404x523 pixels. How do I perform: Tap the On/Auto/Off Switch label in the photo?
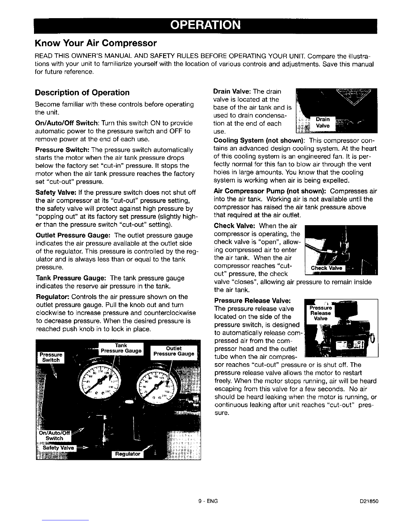click(x=54, y=436)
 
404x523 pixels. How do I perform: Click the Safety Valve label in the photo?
click(x=57, y=448)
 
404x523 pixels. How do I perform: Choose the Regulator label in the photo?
click(x=128, y=454)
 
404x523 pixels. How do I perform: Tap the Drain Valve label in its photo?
click(x=322, y=122)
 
